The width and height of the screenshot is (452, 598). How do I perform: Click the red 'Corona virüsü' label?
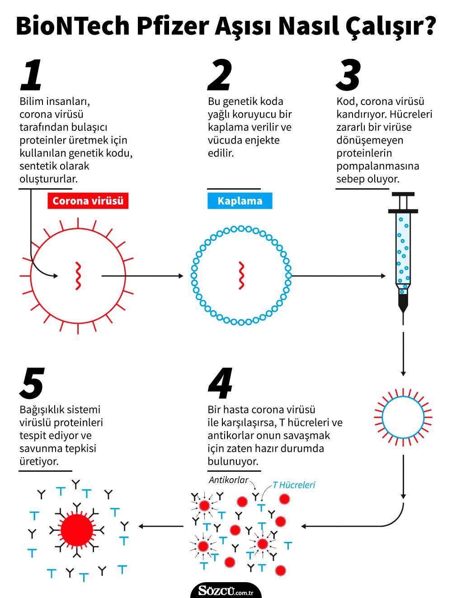coord(88,201)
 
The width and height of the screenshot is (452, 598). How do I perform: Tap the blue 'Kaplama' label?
coord(240,201)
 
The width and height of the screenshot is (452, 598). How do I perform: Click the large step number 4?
coord(221,383)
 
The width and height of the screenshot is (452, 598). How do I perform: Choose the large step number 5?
coord(32,383)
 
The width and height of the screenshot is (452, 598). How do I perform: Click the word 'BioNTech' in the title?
coord(73,26)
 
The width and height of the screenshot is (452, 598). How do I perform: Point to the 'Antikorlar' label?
coord(228,480)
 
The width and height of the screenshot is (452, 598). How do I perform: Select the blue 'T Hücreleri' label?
coord(294,485)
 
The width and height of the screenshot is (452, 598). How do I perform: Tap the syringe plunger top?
coord(403,194)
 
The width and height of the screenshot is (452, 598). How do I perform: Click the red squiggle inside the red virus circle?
coord(78,276)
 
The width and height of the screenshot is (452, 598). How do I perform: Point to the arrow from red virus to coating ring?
coord(142,276)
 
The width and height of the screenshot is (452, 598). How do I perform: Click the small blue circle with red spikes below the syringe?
coord(403,417)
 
